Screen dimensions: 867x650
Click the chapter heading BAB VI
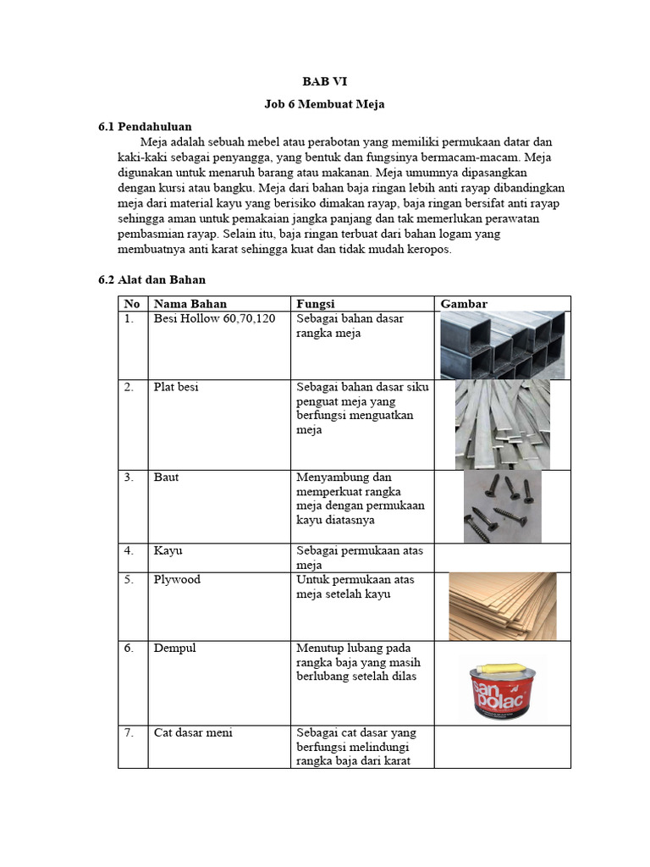[325, 82]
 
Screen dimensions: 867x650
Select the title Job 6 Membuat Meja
[325, 104]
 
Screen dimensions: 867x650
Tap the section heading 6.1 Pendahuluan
[145, 127]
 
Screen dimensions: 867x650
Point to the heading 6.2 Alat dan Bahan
[152, 279]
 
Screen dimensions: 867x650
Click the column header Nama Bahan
[190, 304]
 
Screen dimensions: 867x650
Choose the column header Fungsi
[316, 304]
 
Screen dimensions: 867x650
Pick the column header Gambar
[464, 304]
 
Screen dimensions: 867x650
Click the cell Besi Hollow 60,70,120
[215, 318]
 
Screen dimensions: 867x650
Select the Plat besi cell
[176, 387]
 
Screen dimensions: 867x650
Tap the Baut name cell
[166, 478]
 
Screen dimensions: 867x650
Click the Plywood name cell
[176, 580]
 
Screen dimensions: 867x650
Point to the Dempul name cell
[174, 648]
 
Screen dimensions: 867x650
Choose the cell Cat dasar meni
[193, 732]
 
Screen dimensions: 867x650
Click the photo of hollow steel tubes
[503, 345]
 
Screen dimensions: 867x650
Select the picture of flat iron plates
[502, 424]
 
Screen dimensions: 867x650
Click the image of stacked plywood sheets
[502, 605]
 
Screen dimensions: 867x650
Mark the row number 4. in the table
[129, 550]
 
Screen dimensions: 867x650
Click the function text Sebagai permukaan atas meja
[360, 557]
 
